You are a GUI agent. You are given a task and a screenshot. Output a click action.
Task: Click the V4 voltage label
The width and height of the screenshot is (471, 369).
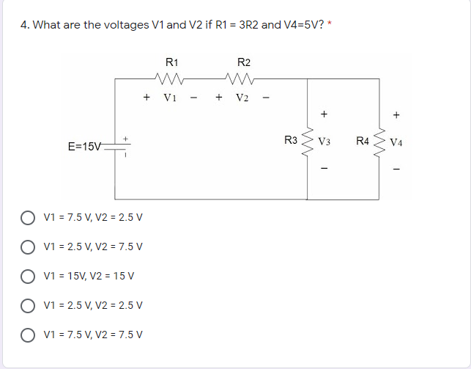tap(397, 141)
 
